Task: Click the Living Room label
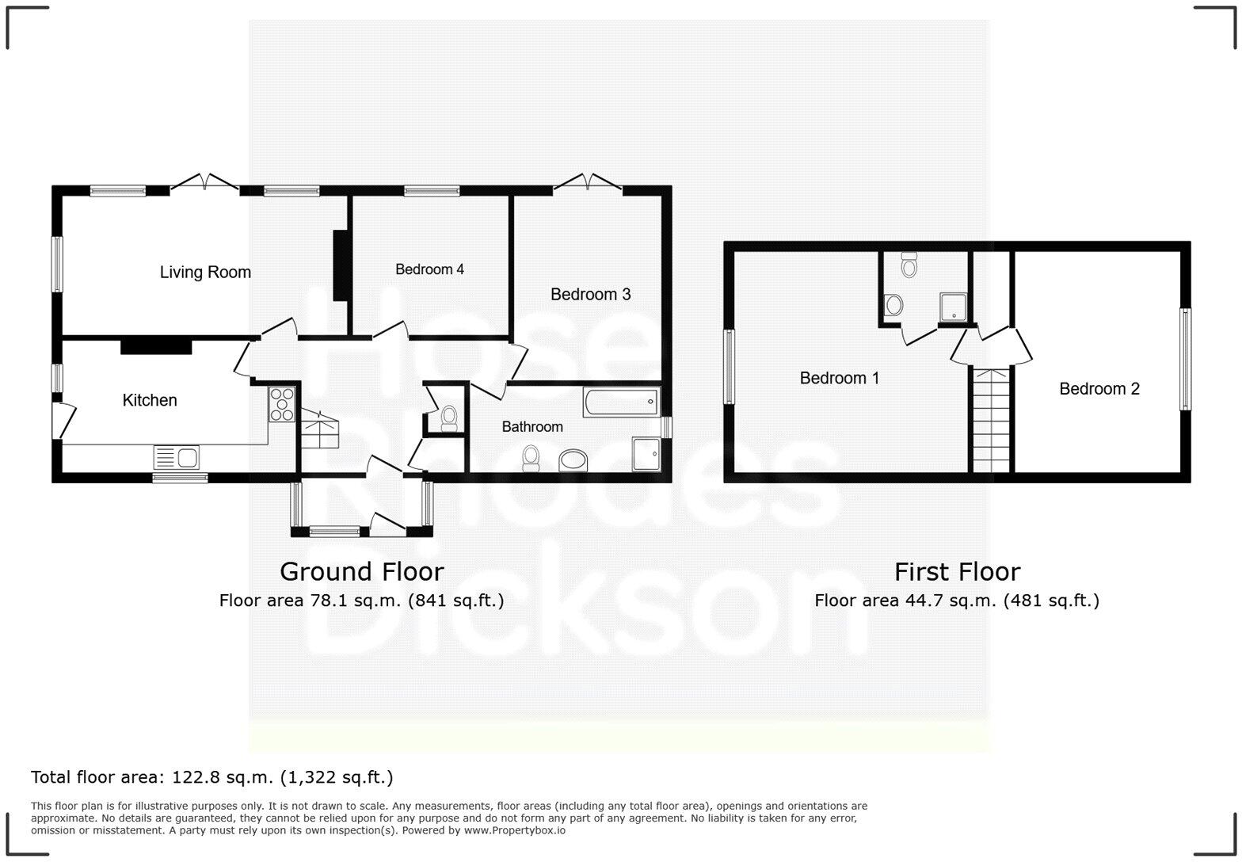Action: [205, 273]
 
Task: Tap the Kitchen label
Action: [150, 400]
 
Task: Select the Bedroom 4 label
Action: [429, 269]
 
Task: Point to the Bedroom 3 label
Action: [590, 295]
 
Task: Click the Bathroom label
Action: [532, 427]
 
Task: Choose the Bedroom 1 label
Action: [839, 378]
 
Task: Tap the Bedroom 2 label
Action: [1099, 388]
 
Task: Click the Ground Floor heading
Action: [362, 571]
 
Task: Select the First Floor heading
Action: [957, 571]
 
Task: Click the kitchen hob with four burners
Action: [282, 403]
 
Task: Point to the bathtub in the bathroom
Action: [621, 402]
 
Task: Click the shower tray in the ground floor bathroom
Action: [646, 453]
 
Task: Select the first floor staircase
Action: [992, 420]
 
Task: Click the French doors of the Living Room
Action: [204, 184]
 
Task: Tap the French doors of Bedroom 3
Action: [587, 183]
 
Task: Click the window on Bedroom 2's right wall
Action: [1185, 359]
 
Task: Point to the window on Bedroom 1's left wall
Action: [729, 366]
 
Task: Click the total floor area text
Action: [211, 777]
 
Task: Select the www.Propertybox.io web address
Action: [514, 830]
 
